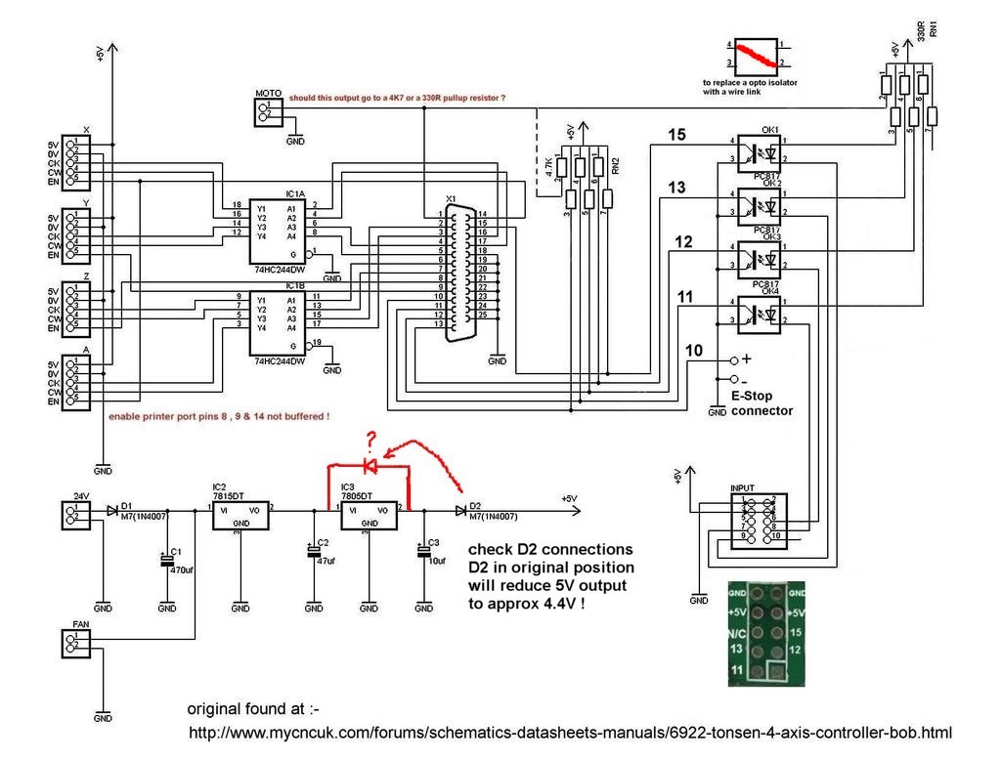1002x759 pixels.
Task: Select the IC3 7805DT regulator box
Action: coord(369,515)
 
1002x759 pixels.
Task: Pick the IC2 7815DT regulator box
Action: coord(240,515)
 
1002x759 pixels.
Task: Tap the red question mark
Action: coord(370,438)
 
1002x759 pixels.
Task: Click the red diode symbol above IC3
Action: coord(370,464)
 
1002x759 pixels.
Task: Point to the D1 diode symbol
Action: coord(114,510)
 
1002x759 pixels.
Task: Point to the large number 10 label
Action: coord(694,351)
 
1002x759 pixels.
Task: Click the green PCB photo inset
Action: coord(769,633)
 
